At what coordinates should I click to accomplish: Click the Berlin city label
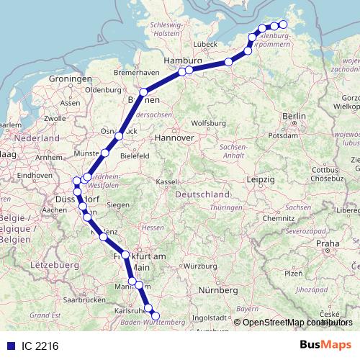tap(294, 116)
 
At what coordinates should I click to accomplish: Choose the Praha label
tap(331, 243)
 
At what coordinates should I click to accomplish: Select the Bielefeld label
tap(135, 155)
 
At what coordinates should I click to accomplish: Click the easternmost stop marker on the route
tap(283, 24)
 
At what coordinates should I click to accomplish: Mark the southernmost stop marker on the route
tap(156, 315)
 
